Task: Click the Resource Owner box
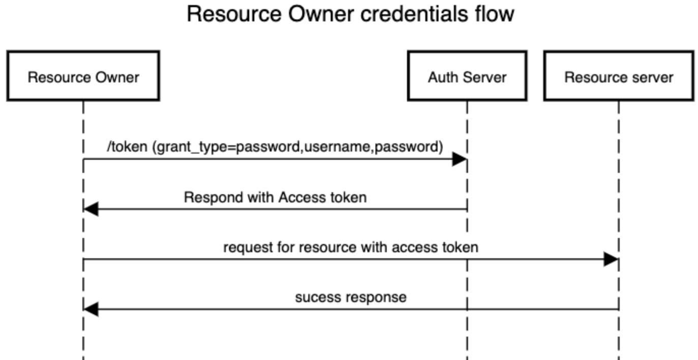83,76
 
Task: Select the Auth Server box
467,76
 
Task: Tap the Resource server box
619,76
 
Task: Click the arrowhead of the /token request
459,159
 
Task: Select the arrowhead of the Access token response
91,209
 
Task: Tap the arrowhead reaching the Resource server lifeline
610,259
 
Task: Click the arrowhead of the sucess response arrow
91,309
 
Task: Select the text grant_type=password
230,147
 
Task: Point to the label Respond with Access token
275,197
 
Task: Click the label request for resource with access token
351,247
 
